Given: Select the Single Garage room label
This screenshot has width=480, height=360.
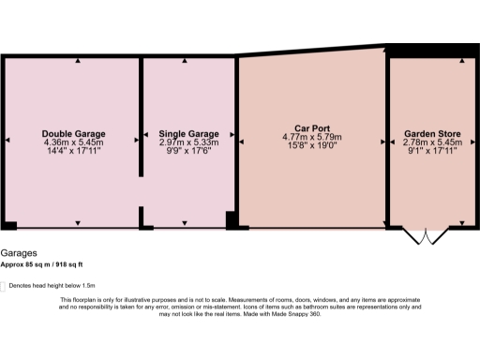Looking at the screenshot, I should click(x=188, y=133).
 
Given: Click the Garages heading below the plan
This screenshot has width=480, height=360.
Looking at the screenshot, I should click(x=20, y=253).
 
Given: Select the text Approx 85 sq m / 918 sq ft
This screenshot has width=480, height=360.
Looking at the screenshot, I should click(x=47, y=265).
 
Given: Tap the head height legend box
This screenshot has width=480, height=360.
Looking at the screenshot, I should click(x=4, y=284).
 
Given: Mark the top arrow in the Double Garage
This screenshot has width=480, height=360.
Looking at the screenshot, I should click(x=78, y=60).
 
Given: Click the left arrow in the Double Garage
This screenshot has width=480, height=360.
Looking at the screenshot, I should click(x=7, y=141).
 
